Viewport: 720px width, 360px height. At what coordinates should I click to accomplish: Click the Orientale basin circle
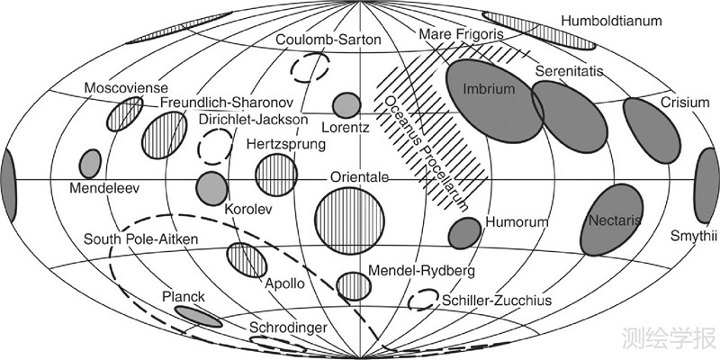coord(350,221)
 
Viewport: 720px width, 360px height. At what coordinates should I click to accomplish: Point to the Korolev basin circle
coord(211,187)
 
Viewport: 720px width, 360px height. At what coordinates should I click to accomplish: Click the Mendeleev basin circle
coord(90,164)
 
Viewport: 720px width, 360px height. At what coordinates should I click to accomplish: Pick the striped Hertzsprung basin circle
coord(276,174)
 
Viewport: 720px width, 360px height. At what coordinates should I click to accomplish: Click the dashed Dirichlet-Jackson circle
coord(215,144)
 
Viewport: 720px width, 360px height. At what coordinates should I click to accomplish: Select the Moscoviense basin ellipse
coord(124,114)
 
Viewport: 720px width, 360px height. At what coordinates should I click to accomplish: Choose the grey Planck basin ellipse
coord(198,316)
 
